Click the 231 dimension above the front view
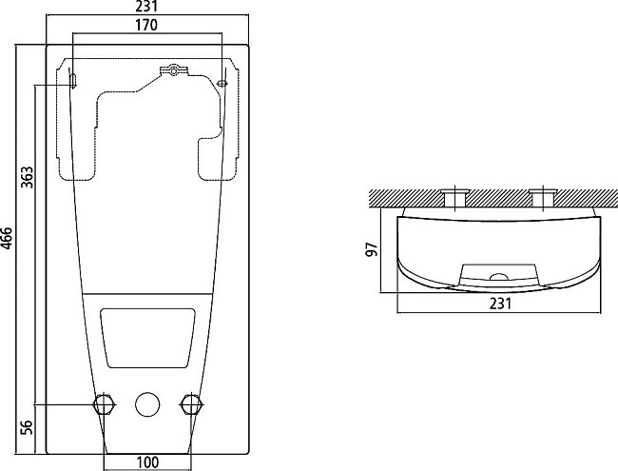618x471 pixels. click(146, 8)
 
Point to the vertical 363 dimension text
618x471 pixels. click(28, 178)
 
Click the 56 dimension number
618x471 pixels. click(28, 430)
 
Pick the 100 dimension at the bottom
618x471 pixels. click(146, 461)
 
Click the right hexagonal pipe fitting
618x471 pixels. click(190, 404)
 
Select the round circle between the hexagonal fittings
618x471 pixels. click(146, 404)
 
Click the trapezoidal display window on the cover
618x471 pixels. click(146, 338)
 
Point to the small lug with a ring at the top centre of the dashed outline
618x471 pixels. click(173, 70)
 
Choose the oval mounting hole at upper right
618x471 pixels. click(222, 84)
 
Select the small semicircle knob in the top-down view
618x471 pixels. click(499, 279)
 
